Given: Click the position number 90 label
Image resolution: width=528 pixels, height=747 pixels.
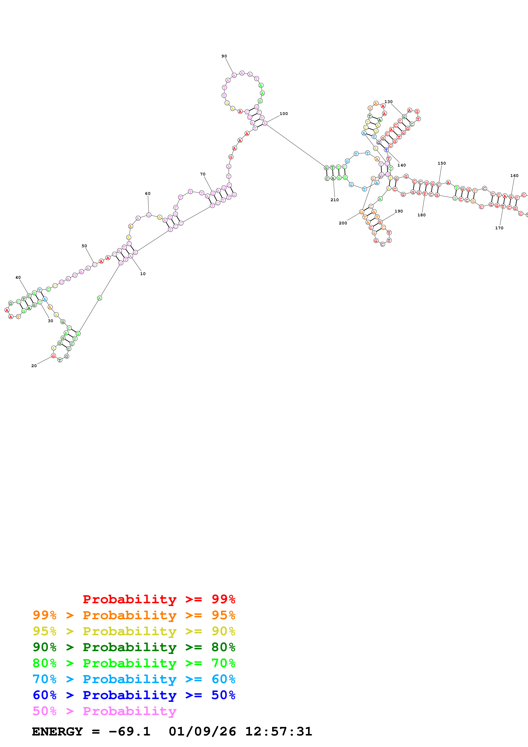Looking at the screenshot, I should click(x=224, y=56).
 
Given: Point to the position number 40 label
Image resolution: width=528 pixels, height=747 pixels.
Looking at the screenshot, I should click(x=18, y=277).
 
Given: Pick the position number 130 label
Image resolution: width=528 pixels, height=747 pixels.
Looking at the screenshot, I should click(x=388, y=102).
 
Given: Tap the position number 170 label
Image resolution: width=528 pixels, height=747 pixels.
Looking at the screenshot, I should click(x=499, y=228).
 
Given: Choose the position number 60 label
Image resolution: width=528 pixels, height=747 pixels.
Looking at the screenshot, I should click(x=148, y=194).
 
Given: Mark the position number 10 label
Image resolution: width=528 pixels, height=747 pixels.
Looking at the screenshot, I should click(x=143, y=274).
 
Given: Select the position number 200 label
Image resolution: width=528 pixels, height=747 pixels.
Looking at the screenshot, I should click(x=343, y=223).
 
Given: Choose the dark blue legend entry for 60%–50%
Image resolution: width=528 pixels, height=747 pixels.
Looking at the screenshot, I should click(x=134, y=695).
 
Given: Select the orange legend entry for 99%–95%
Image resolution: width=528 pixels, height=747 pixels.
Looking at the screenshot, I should click(x=134, y=615).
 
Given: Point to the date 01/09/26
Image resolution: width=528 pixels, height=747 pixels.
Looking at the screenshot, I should click(x=202, y=731).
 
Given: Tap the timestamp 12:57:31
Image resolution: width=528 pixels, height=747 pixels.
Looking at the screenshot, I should click(x=278, y=731).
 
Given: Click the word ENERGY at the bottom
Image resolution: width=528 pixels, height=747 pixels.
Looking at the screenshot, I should click(x=57, y=731).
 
